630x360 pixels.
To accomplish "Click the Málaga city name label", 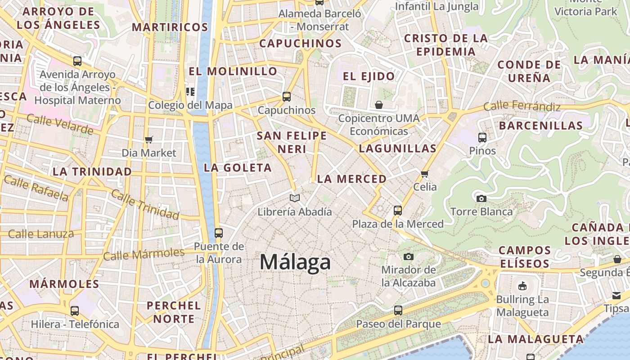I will pos(295,262).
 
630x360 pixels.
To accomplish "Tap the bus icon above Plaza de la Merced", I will pos(397,210).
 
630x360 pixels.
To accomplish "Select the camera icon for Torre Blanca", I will pos(481,198).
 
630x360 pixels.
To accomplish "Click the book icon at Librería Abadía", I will pos(295,198).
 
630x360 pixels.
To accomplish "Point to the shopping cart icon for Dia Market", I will pos(149,139).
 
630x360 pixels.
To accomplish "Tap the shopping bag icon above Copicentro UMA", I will pos(379,105).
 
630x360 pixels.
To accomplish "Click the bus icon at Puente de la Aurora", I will pos(219,233).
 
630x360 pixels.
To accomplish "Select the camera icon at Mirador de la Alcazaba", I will pos(408,256).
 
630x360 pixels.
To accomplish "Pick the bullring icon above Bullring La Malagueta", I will pos(522,286).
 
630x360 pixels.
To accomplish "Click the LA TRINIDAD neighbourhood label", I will pos(92,171).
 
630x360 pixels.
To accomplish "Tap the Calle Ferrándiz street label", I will pos(522,106).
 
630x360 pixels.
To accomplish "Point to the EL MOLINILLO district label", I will pos(233,71).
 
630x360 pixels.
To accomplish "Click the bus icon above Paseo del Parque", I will pos(398,310).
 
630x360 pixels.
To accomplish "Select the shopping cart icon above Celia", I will pos(424,173).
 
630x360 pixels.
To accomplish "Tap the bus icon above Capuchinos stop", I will pos(286,96).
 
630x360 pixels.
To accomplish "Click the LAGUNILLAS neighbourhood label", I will pos(398,148).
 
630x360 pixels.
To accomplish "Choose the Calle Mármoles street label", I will pos(144,254).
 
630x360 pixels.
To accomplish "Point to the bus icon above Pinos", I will pos(482,137).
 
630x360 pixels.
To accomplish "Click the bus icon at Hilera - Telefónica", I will pos(75,310).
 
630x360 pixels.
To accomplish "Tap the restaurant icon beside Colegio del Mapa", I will pos(190,92).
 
